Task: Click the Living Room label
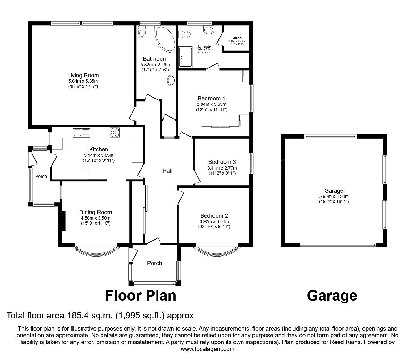tap(83, 75)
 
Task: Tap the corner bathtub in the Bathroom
tap(166, 38)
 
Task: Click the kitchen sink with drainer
tap(82, 133)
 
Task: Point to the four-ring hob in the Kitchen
tap(115, 133)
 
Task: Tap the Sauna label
tap(237, 38)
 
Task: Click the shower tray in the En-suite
tap(186, 57)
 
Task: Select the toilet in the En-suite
tap(184, 34)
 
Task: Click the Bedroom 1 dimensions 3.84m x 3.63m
tap(212, 104)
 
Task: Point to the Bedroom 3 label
tap(222, 162)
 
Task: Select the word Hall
tap(167, 171)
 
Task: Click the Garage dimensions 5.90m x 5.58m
tap(334, 196)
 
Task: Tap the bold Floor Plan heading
tap(141, 296)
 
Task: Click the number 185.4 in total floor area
tap(78, 315)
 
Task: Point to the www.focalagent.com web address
tap(207, 349)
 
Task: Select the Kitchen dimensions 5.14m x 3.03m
tap(99, 155)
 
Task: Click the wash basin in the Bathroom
tap(172, 80)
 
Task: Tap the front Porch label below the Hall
tap(154, 263)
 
